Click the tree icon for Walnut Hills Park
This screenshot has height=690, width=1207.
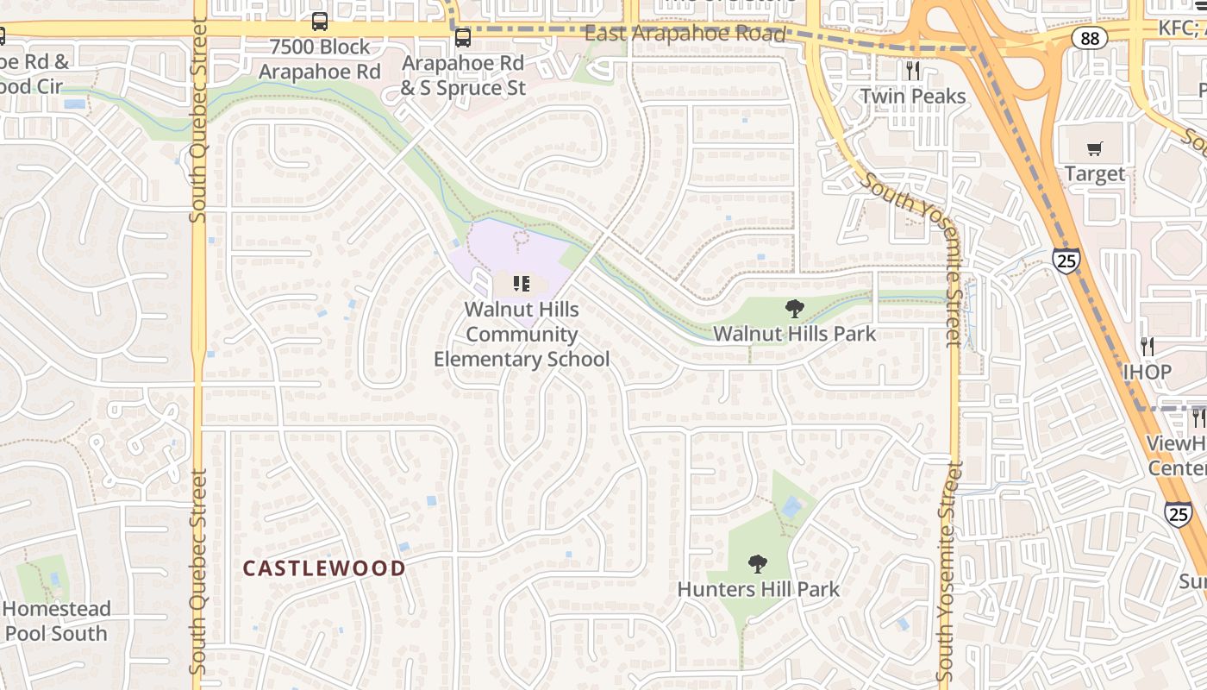click(x=794, y=308)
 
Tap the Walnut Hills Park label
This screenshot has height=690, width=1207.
click(x=794, y=333)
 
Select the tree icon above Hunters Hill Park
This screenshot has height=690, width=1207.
click(x=758, y=564)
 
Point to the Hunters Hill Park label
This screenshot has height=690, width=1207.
click(x=758, y=589)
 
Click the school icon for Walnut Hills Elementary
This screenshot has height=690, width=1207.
click(x=521, y=283)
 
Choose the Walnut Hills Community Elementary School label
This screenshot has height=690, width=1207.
click(x=521, y=334)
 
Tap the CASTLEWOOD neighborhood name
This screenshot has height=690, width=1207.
click(x=323, y=568)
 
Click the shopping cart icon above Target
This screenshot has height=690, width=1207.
click(x=1094, y=148)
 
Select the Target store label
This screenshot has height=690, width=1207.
click(x=1094, y=173)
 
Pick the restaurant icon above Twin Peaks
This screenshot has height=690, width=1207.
click(x=913, y=70)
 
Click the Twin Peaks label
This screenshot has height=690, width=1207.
click(x=913, y=96)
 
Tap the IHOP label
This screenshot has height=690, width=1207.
click(x=1147, y=372)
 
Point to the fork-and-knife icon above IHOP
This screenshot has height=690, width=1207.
click(x=1147, y=347)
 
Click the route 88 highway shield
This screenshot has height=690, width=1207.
click(x=1090, y=38)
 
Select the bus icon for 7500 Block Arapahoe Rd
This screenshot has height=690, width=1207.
click(x=320, y=22)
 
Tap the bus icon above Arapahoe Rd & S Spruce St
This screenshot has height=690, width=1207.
click(x=463, y=38)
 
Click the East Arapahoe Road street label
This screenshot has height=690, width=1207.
click(x=685, y=34)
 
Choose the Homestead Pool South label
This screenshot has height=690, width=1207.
click(x=56, y=621)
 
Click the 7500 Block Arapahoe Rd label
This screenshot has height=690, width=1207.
click(x=320, y=59)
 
